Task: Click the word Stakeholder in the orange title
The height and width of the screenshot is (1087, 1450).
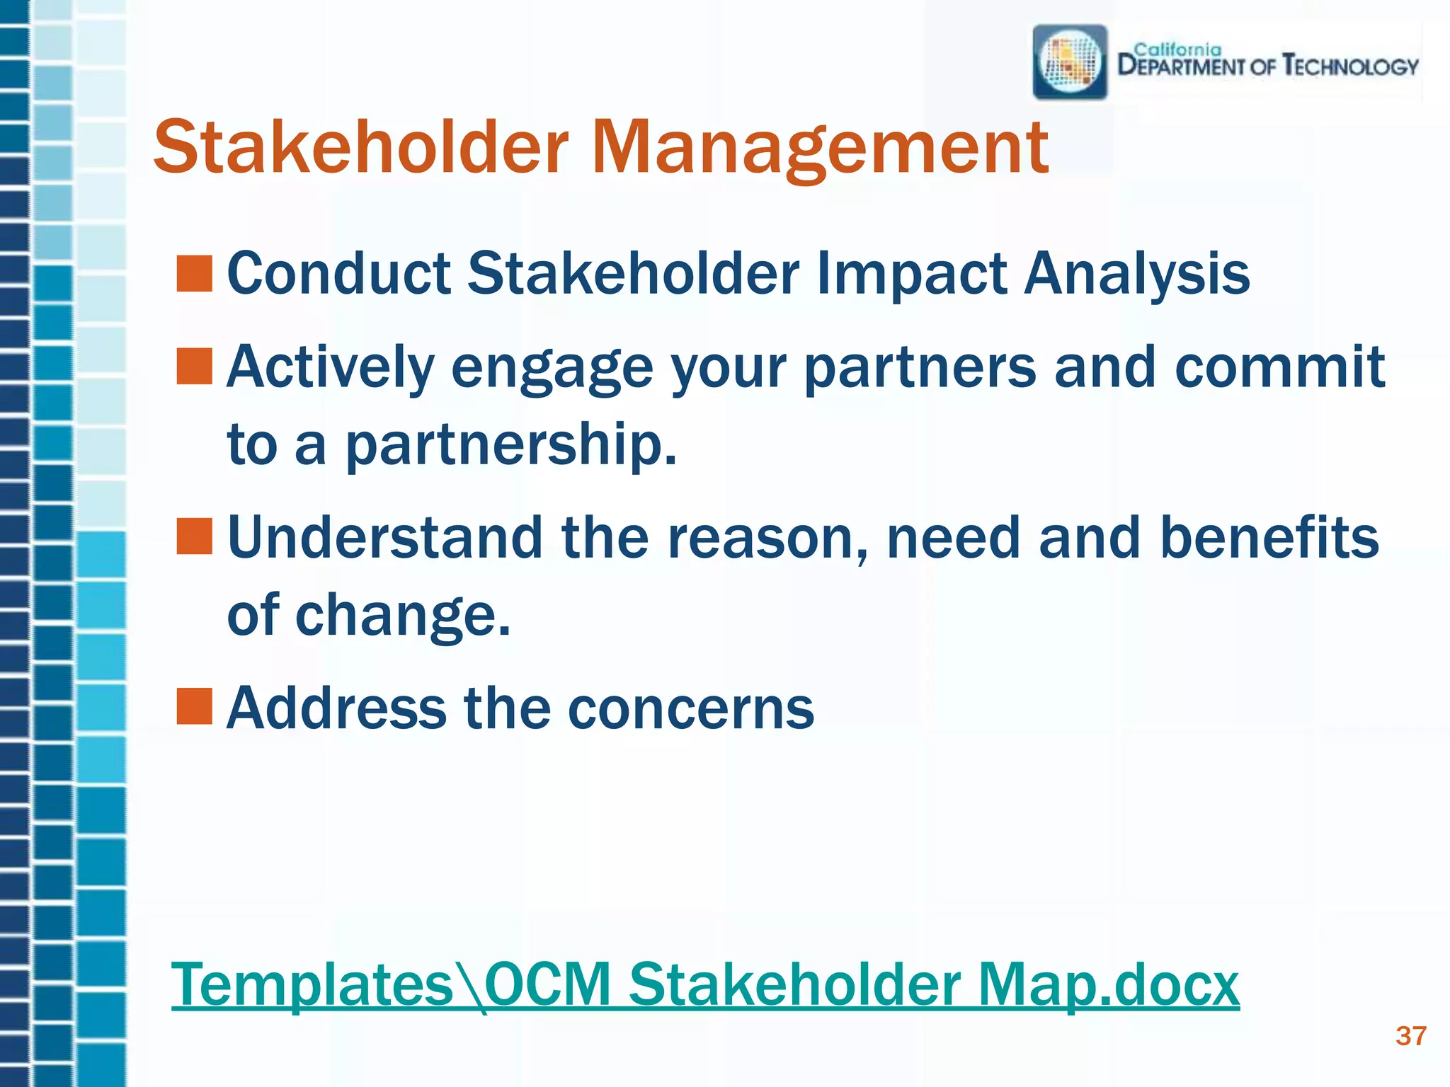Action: pos(361,147)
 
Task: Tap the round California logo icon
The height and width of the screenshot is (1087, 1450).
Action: pos(1070,62)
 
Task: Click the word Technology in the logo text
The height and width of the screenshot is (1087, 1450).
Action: pos(1350,67)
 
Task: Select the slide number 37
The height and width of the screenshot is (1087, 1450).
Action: pos(1410,1036)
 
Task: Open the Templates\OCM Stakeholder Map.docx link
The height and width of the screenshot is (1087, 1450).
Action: pos(705,984)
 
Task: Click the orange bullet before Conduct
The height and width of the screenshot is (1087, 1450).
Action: pos(194,275)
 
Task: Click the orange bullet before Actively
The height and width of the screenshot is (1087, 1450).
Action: pos(194,367)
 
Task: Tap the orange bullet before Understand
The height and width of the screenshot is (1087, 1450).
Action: pos(194,536)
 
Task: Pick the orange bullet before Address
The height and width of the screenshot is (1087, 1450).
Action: pos(194,706)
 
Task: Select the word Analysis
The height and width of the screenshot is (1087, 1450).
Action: pos(1137,275)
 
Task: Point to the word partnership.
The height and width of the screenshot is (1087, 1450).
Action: pos(510,444)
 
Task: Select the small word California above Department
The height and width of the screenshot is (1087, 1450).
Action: pos(1177,50)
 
